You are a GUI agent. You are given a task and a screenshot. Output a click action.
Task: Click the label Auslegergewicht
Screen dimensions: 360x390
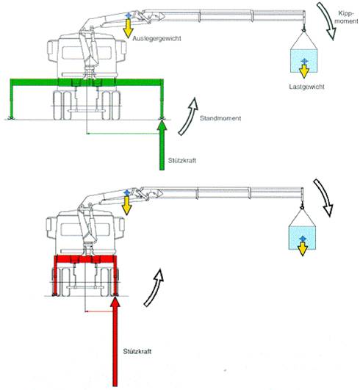pos(156,38)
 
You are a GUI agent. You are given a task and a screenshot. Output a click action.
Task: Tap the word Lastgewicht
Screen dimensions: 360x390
pos(306,87)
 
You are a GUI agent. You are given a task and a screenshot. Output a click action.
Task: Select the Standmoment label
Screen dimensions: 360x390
pos(220,118)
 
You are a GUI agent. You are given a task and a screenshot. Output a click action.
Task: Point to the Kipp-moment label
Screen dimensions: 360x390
pos(346,17)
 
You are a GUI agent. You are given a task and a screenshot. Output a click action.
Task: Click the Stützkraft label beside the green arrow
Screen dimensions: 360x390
pos(182,160)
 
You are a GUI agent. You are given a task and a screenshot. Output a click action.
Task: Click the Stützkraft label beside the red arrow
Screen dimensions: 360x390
pos(137,351)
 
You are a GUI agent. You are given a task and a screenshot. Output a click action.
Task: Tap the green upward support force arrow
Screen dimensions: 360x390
pos(162,145)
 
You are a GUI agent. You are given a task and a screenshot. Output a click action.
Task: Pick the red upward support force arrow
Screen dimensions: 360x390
pos(115,342)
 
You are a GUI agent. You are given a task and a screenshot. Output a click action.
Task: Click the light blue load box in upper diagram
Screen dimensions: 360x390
pos(303,61)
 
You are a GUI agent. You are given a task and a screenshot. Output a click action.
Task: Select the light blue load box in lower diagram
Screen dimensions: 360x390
pos(302,238)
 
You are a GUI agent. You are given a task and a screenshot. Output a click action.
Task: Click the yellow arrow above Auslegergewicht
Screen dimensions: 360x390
pos(128,29)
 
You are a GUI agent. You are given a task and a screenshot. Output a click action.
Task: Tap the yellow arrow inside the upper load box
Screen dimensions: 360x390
pos(304,71)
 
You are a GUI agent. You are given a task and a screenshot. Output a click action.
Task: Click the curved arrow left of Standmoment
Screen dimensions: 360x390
pos(190,116)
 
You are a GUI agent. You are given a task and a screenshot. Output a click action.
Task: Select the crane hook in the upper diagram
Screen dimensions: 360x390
pos(303,30)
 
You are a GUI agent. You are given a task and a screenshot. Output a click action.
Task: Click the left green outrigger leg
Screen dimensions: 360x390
pos(12,99)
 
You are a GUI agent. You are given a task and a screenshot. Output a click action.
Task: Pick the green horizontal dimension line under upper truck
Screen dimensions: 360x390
pos(123,134)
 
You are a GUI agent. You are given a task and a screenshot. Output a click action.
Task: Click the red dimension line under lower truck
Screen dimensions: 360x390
pos(98,311)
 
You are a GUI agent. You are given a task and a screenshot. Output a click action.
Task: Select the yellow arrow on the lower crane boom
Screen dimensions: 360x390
pos(127,205)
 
